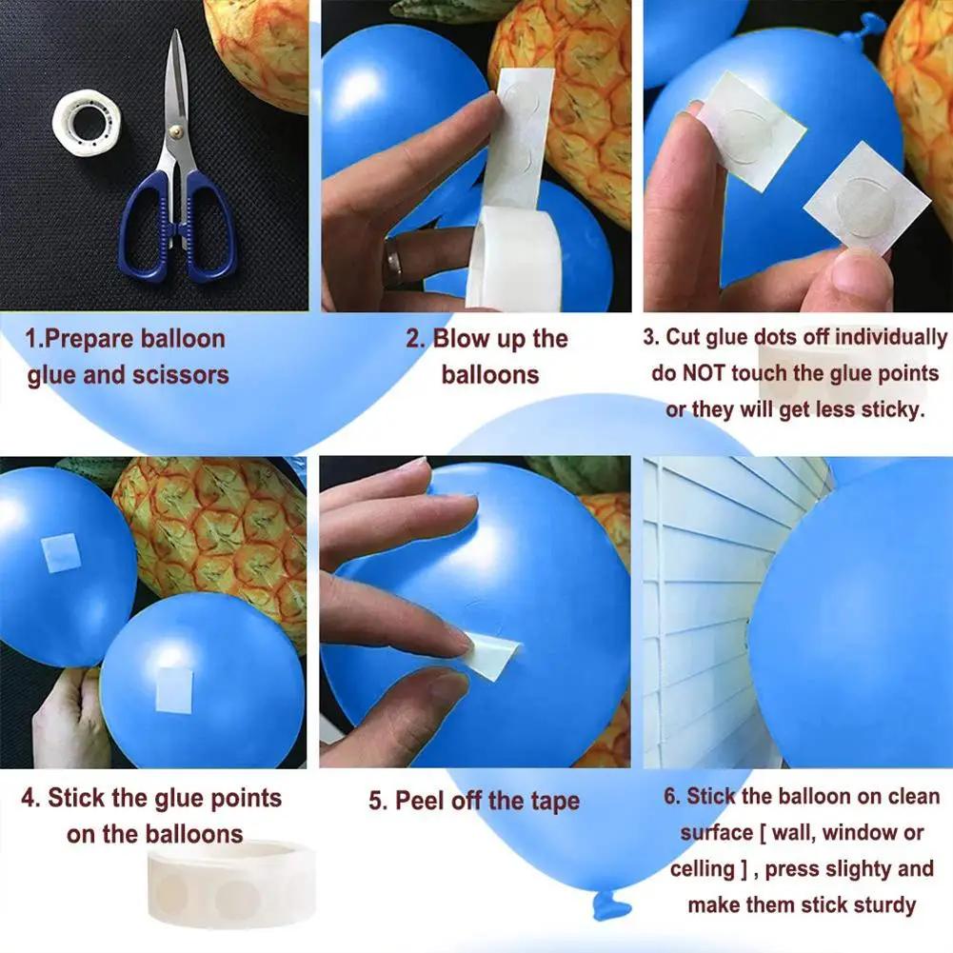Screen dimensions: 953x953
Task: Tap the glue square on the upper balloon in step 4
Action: coord(60,553)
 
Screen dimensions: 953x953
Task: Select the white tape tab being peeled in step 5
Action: coord(493,657)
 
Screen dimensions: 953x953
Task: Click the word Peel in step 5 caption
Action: coord(422,801)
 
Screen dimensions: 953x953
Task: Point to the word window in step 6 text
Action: coord(860,833)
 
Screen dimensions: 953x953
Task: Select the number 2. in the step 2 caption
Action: coord(416,339)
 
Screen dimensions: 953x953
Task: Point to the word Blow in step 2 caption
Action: coord(462,339)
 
